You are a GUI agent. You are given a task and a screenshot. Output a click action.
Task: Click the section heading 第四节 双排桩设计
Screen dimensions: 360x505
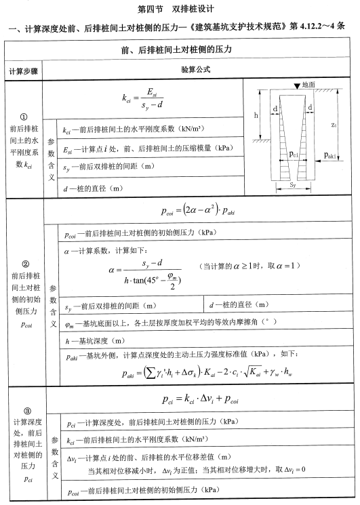[179, 10]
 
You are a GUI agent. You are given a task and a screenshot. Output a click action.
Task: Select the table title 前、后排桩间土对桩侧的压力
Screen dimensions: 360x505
[179, 51]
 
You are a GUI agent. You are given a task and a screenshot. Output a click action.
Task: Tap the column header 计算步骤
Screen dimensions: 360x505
[24, 71]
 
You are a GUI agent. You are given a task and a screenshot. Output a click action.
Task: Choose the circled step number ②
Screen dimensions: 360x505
[24, 264]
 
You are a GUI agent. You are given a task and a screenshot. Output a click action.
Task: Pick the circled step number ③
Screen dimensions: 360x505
[24, 411]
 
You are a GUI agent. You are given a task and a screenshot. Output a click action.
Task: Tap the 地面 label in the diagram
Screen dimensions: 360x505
[308, 85]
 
